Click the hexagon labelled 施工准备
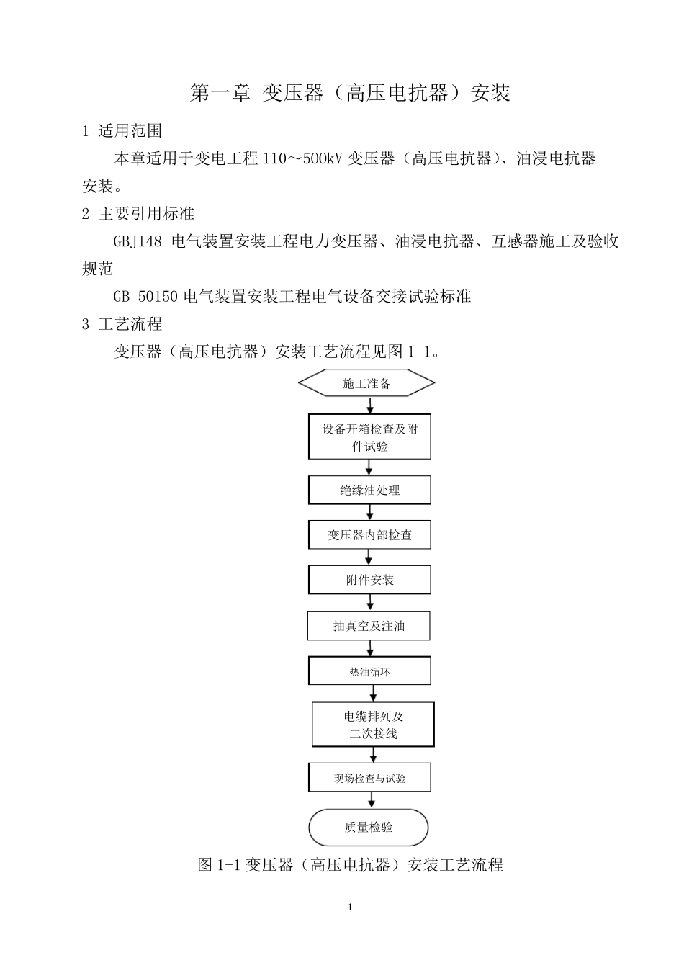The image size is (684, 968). click(366, 383)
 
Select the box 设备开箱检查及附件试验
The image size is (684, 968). click(369, 436)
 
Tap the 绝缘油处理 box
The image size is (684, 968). click(369, 490)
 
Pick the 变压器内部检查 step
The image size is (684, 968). click(369, 535)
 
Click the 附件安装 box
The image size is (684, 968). click(369, 580)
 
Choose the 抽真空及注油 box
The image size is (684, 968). click(369, 626)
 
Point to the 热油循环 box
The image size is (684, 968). click(369, 671)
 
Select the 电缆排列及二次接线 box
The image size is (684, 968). click(373, 725)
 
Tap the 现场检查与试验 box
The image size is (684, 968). click(369, 778)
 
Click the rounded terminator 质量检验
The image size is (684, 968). click(369, 828)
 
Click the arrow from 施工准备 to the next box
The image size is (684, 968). click(370, 405)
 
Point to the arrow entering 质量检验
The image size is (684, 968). click(372, 800)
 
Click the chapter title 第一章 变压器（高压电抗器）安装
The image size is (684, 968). click(350, 93)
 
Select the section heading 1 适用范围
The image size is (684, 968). click(122, 131)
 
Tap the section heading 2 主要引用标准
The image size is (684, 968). click(138, 214)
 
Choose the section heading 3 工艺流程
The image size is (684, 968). click(122, 324)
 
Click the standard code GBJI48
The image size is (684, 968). click(138, 242)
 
